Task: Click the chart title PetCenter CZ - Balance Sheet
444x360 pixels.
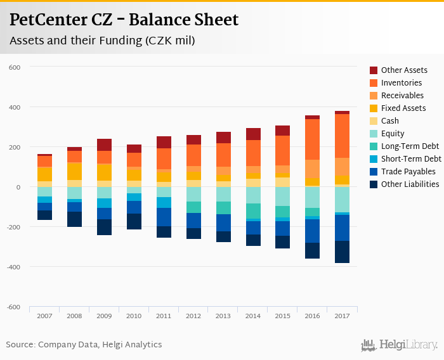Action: (124, 20)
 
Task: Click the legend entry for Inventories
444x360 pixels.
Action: (401, 83)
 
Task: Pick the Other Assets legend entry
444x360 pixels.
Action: (404, 70)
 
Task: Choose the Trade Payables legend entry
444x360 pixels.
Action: (408, 172)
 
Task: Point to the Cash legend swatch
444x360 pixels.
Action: (374, 121)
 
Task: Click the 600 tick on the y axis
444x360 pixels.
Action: (15, 67)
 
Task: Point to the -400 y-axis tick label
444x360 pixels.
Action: (14, 267)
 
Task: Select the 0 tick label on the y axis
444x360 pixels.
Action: (19, 187)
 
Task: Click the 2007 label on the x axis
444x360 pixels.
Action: (44, 315)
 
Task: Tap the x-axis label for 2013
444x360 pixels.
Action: (223, 315)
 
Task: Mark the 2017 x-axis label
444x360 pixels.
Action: (343, 315)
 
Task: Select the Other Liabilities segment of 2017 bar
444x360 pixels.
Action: (343, 252)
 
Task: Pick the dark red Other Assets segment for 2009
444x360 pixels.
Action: (104, 145)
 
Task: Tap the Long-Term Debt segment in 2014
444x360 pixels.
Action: (253, 211)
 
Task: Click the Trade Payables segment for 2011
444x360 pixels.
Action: (164, 217)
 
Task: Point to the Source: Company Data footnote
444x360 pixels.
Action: (84, 345)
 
